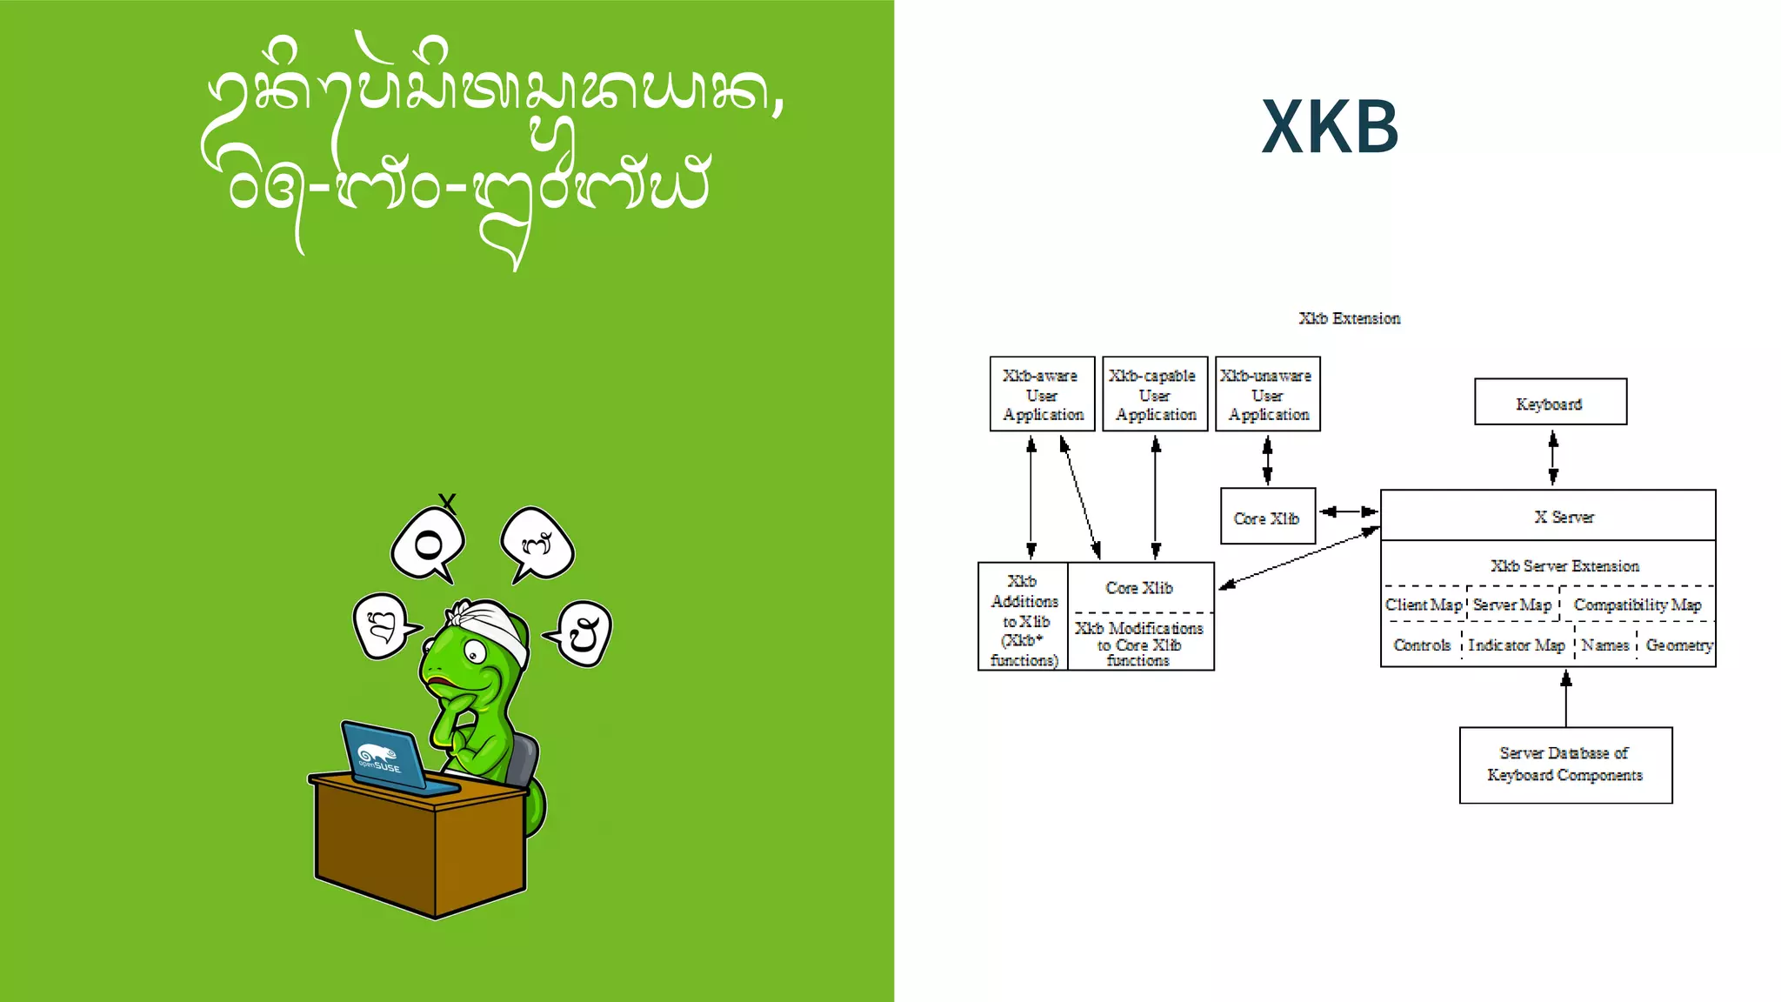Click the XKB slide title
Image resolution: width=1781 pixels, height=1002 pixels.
coord(1330,127)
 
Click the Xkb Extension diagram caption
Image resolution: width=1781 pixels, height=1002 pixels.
coord(1349,318)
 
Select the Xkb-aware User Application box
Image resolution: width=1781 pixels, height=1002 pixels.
coord(1042,394)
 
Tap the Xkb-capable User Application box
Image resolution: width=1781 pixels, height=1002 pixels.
coord(1155,394)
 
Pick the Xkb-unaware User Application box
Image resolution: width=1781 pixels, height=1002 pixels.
coord(1267,394)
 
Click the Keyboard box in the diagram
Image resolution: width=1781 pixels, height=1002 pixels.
coord(1550,402)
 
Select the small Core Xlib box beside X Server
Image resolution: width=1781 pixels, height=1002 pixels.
coord(1267,517)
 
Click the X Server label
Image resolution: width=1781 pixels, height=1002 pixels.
coord(1564,517)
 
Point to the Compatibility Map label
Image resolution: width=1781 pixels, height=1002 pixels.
coord(1637,605)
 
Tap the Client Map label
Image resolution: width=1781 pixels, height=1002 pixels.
coord(1424,605)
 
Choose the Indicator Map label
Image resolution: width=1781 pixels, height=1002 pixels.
coord(1517,645)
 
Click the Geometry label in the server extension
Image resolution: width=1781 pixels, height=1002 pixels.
coord(1678,645)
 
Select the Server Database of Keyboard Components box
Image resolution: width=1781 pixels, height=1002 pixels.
coord(1564,765)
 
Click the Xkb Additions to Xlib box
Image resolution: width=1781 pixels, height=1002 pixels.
coord(1024,618)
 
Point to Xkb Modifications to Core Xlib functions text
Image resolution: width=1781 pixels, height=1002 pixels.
coord(1138,644)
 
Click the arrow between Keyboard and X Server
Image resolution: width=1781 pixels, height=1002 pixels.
coord(1553,458)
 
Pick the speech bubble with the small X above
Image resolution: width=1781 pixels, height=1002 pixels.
coord(428,544)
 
